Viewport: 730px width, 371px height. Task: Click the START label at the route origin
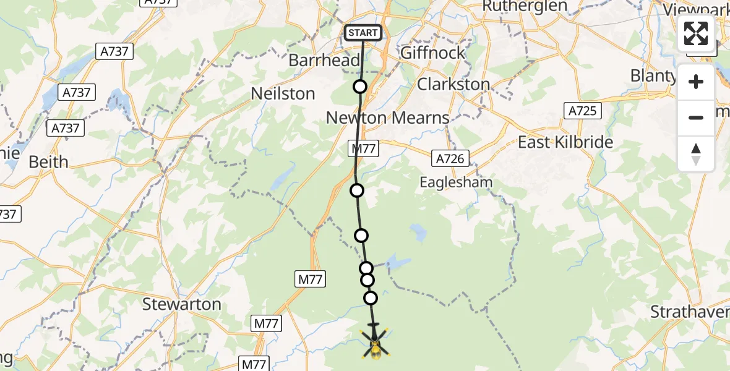point(363,33)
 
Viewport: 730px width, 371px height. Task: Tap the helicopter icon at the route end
point(375,343)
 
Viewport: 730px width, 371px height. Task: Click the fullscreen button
point(696,33)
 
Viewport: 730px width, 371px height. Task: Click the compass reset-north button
point(696,154)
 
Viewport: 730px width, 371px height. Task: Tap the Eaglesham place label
point(456,182)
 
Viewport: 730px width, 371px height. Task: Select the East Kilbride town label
point(565,142)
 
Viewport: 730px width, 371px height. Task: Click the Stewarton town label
point(182,304)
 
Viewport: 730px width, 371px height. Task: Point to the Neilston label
point(283,94)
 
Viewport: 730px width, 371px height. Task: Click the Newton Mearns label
point(387,117)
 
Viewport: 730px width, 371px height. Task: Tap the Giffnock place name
point(432,53)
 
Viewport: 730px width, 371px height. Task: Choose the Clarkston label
point(453,84)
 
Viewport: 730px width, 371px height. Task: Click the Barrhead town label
point(324,61)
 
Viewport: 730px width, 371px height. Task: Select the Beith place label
point(49,162)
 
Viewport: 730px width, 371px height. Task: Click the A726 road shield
point(450,159)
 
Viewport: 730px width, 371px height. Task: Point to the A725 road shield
point(582,111)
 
